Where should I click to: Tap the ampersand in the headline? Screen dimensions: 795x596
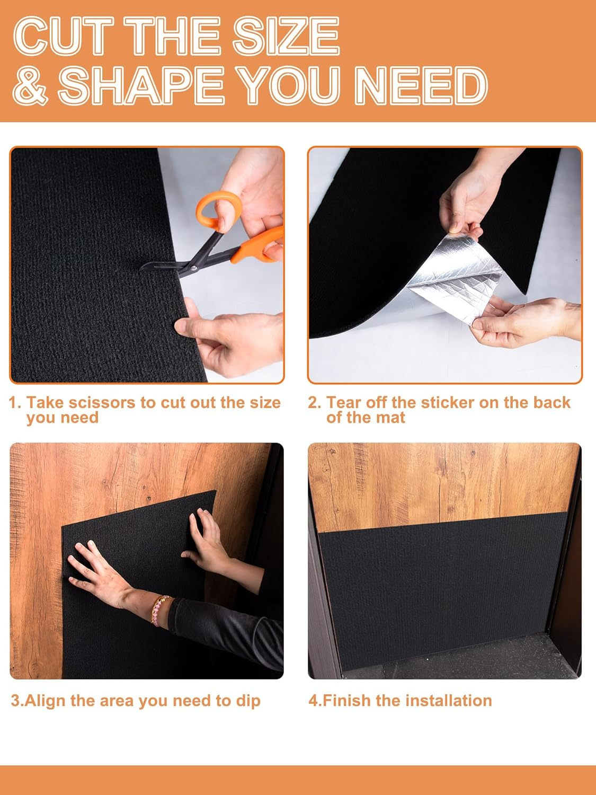pyautogui.click(x=30, y=86)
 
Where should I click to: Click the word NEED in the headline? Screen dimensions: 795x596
pyautogui.click(x=421, y=86)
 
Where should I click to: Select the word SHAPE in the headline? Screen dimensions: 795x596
pyautogui.click(x=140, y=86)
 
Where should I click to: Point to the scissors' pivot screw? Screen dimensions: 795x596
pyautogui.click(x=194, y=268)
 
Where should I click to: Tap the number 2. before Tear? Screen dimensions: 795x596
pyautogui.click(x=315, y=403)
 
